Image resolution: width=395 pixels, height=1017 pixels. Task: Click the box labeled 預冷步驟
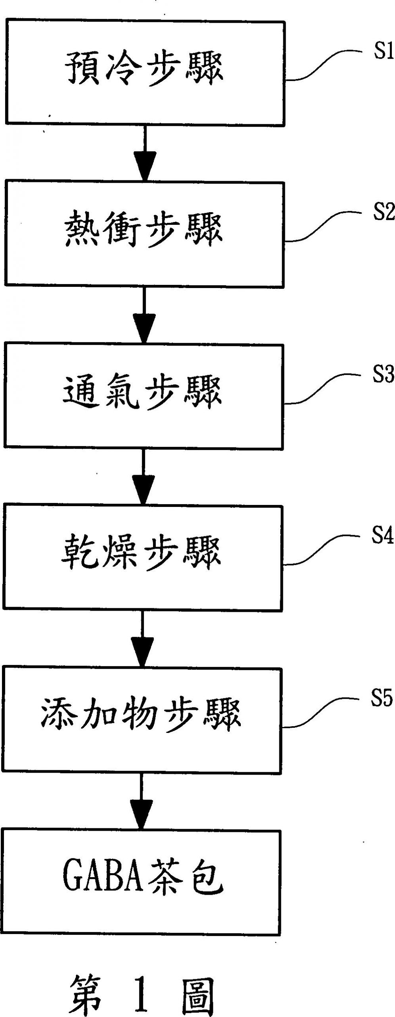[145, 72]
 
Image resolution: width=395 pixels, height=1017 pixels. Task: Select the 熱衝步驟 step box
[145, 233]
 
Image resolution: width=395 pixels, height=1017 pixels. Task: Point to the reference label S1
[382, 52]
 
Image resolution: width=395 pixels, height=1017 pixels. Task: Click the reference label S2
[382, 213]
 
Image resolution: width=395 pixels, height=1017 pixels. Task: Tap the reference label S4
[381, 536]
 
